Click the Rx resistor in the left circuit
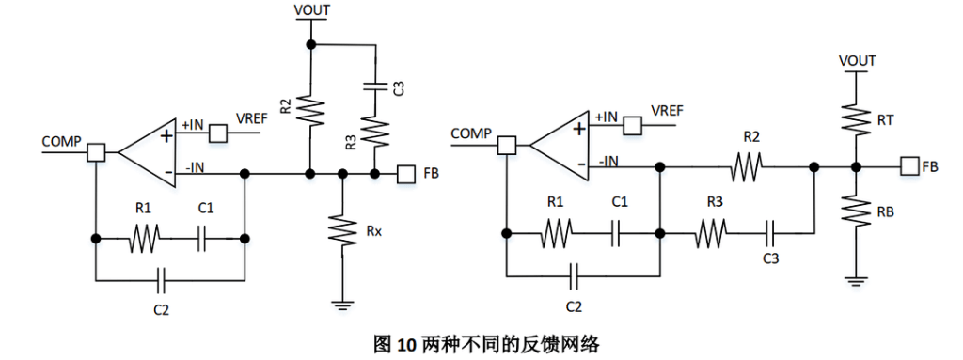tap(342, 230)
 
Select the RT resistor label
tap(887, 121)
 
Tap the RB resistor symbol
tap(854, 211)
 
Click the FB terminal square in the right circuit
tap(909, 165)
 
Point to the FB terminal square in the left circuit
tap(404, 174)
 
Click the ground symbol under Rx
tap(342, 303)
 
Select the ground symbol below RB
tap(854, 282)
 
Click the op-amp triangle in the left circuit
tap(148, 151)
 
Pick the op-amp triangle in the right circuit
tap(559, 145)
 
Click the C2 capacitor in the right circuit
tap(574, 275)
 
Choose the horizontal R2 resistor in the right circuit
tap(747, 165)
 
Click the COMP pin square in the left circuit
tap(96, 151)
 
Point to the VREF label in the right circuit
tap(667, 112)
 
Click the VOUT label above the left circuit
tap(312, 9)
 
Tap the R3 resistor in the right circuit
tap(711, 233)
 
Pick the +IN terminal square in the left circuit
tap(218, 133)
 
